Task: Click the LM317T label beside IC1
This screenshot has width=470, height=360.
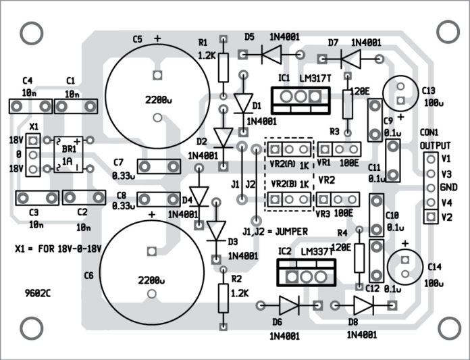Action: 317,78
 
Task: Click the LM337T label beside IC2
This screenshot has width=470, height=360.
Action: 317,251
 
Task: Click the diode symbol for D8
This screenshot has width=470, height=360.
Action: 363,305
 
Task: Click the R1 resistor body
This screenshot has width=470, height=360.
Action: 224,66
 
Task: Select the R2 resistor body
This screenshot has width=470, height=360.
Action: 224,297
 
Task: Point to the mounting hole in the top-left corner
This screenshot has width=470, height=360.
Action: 30,32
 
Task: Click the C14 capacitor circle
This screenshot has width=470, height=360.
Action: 404,264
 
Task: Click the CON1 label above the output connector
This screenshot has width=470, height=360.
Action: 429,132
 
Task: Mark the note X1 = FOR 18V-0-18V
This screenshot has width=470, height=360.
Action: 57,248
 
